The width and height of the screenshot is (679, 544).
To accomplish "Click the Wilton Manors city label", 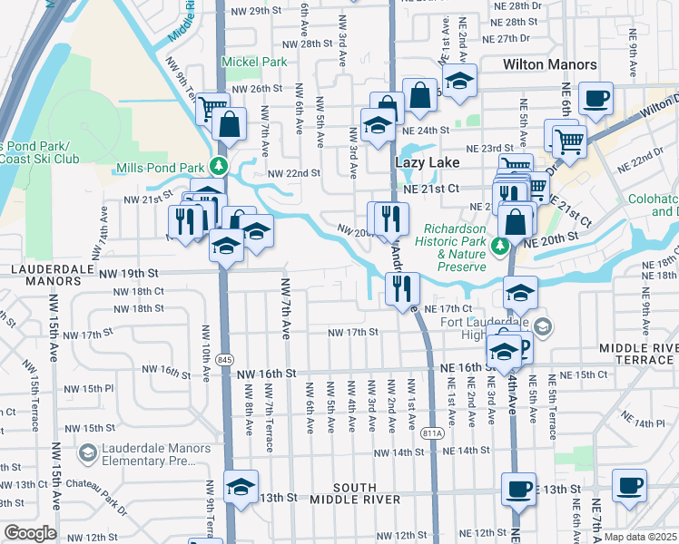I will (x=550, y=64).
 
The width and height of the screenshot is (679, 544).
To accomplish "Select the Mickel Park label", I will (x=260, y=63).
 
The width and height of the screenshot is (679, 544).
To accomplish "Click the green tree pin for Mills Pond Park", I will (x=218, y=168).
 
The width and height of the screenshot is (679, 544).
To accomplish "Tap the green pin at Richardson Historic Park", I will (x=498, y=246).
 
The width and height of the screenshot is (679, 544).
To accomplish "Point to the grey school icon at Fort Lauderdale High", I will (x=542, y=325).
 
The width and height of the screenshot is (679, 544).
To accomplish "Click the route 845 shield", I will (x=223, y=361).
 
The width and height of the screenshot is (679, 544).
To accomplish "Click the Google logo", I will (x=30, y=533).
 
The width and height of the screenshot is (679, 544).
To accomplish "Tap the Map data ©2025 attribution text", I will (x=640, y=537).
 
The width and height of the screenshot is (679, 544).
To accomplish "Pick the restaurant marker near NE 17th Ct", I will (x=400, y=289).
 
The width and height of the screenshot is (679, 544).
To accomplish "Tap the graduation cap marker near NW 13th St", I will (x=241, y=488).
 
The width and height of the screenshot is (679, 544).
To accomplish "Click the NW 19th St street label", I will (x=129, y=273).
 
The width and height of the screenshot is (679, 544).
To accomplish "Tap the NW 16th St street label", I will (x=267, y=373).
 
